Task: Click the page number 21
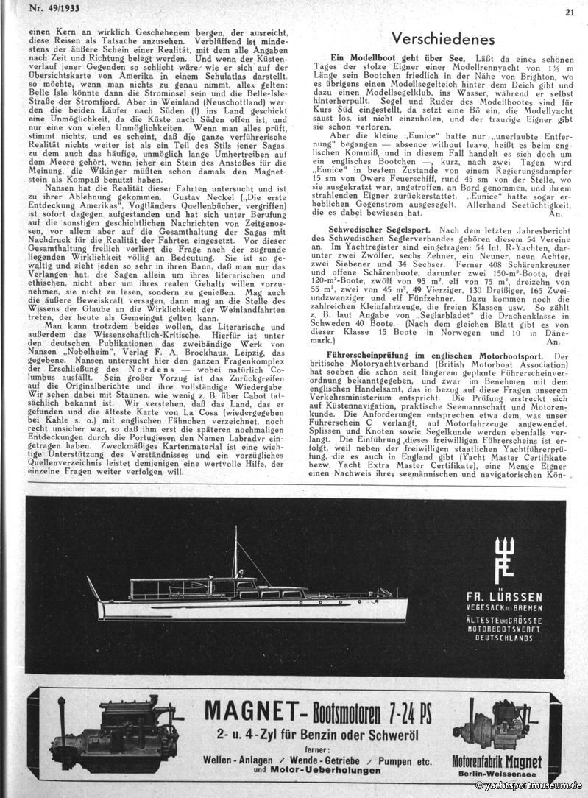click(570, 11)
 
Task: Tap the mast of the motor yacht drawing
click(235, 552)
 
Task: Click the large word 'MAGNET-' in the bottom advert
click(247, 712)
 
